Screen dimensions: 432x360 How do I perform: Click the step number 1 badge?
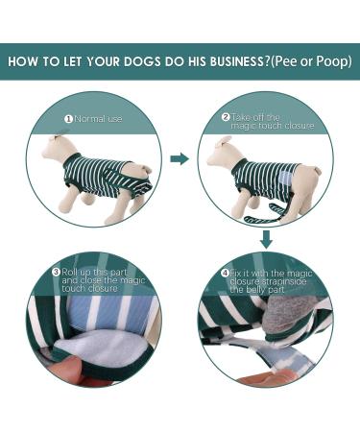pos(68,120)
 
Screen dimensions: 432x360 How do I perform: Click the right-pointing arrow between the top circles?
pos(179,159)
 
